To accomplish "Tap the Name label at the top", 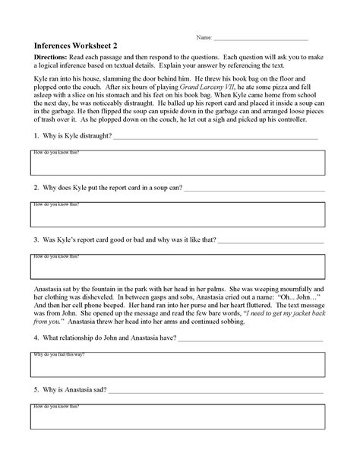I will (204, 36).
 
